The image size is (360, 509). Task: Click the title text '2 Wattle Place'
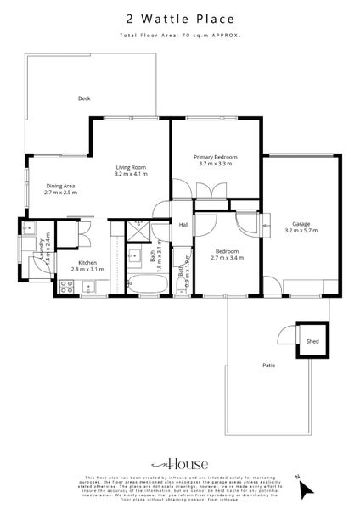(x=179, y=17)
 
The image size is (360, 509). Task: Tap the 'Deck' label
(x=84, y=98)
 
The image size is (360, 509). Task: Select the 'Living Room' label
(x=132, y=168)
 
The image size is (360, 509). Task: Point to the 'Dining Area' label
(x=60, y=186)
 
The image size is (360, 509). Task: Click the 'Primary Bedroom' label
(x=215, y=157)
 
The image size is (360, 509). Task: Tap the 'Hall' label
(x=183, y=224)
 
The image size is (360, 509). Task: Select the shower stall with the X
(x=137, y=230)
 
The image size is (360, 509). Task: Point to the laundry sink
(x=28, y=229)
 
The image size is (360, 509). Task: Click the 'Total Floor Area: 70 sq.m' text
(x=179, y=36)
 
